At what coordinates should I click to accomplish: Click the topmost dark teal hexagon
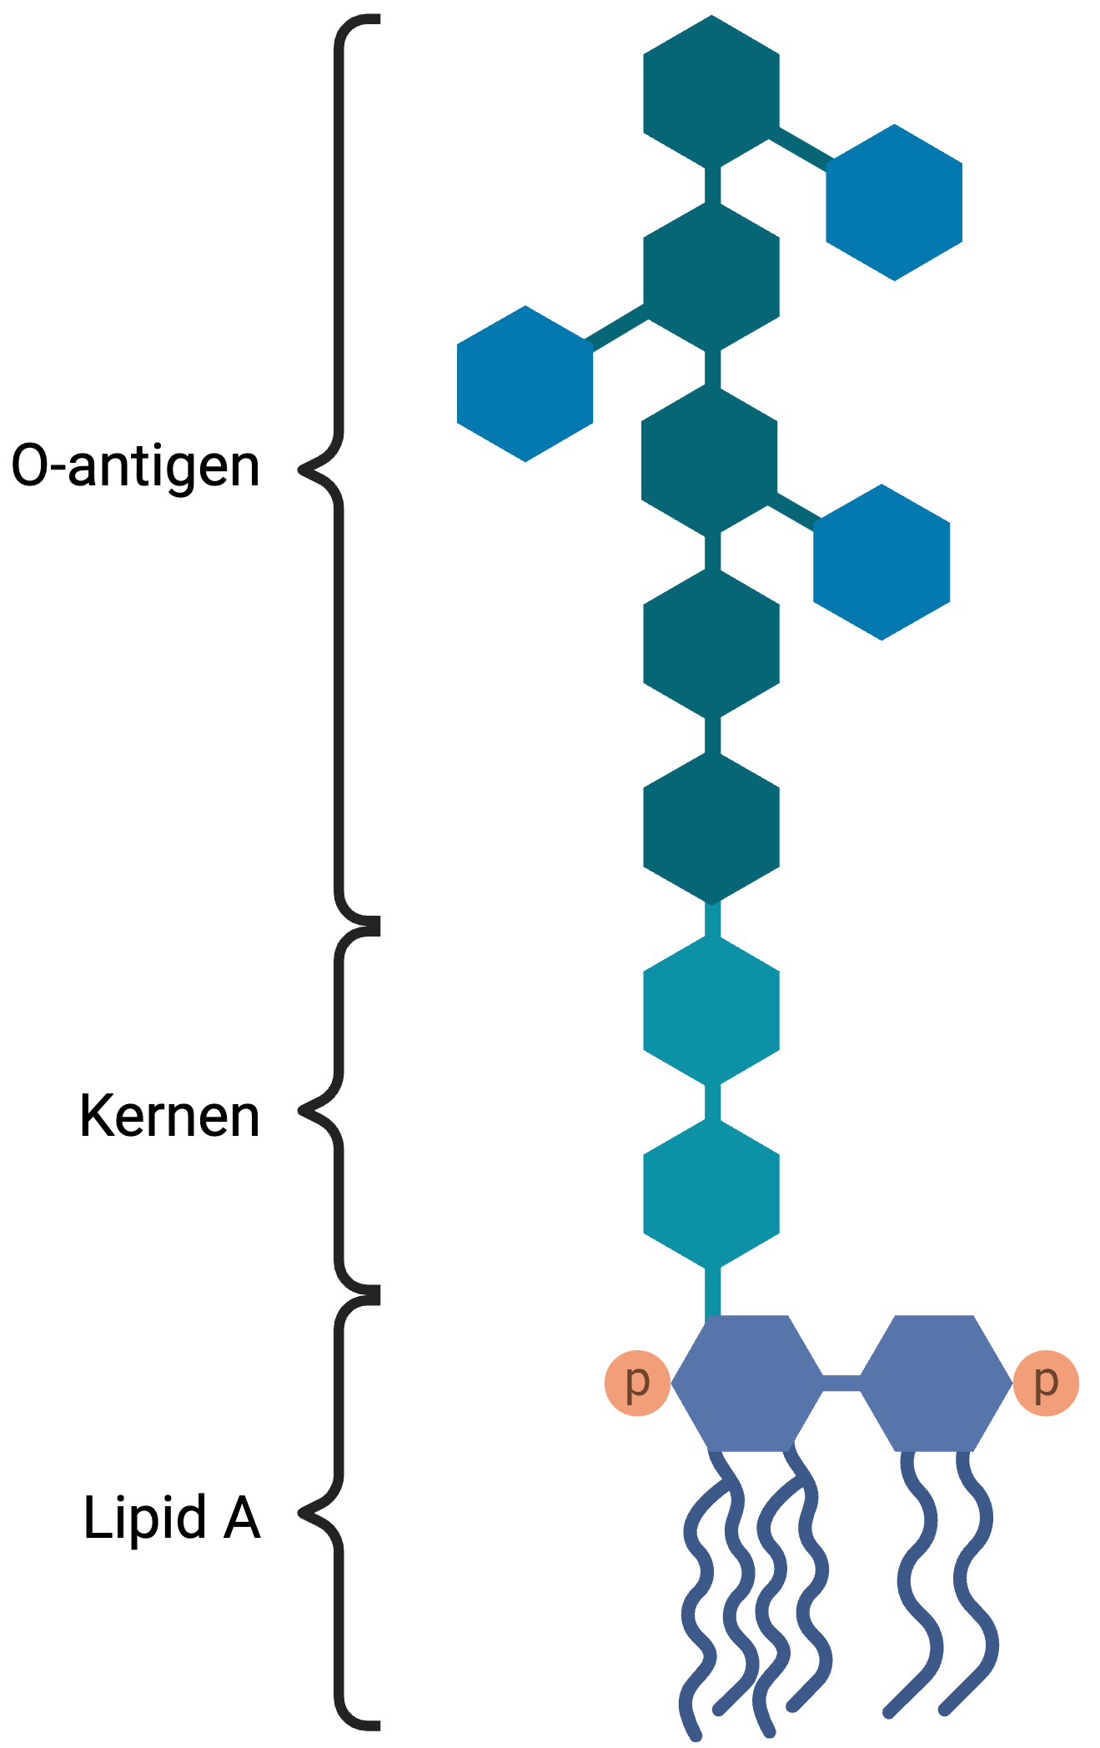pyautogui.click(x=711, y=91)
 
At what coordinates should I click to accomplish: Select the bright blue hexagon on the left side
pyautogui.click(x=525, y=384)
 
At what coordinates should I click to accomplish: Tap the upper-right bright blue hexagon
pyautogui.click(x=894, y=203)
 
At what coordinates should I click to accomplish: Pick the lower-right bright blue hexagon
pyautogui.click(x=882, y=562)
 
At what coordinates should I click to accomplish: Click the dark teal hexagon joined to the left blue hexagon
pyautogui.click(x=711, y=278)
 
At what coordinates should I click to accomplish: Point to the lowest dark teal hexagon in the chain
pyautogui.click(x=711, y=828)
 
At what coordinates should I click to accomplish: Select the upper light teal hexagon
pyautogui.click(x=711, y=1010)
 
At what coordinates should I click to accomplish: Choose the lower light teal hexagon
pyautogui.click(x=711, y=1193)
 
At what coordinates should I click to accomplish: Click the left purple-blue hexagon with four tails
pyautogui.click(x=746, y=1383)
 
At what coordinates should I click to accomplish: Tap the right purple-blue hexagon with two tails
pyautogui.click(x=935, y=1383)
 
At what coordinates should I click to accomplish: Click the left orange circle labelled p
pyautogui.click(x=637, y=1383)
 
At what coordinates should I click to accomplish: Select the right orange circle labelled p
pyautogui.click(x=1046, y=1383)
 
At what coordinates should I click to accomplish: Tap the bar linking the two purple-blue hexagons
pyautogui.click(x=841, y=1384)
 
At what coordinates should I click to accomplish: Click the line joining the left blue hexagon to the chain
pyautogui.click(x=617, y=325)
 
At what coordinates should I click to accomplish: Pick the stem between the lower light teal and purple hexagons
pyautogui.click(x=712, y=1291)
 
